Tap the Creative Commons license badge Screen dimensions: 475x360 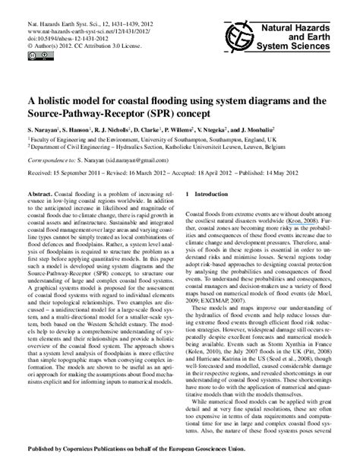tap(38, 55)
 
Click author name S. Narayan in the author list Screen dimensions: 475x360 tap(47, 130)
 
